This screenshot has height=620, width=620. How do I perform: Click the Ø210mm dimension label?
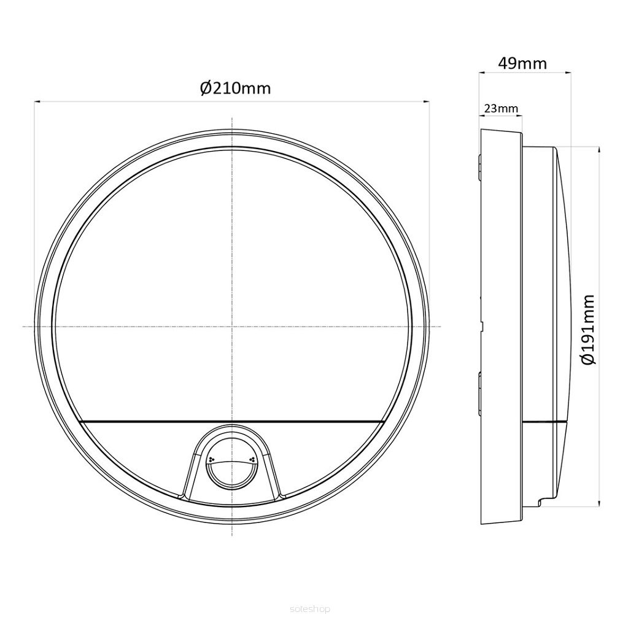tap(235, 88)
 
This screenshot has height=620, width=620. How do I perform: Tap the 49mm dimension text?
tap(522, 63)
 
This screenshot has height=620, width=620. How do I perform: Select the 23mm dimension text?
tap(500, 109)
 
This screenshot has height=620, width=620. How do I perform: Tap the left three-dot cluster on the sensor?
tap(211, 458)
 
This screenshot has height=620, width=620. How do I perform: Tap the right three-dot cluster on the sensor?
tap(251, 458)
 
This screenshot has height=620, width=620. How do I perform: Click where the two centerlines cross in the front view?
tap(231, 326)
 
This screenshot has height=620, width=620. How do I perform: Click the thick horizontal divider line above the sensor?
tap(231, 422)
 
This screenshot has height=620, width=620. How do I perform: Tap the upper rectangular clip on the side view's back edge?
tap(479, 168)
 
